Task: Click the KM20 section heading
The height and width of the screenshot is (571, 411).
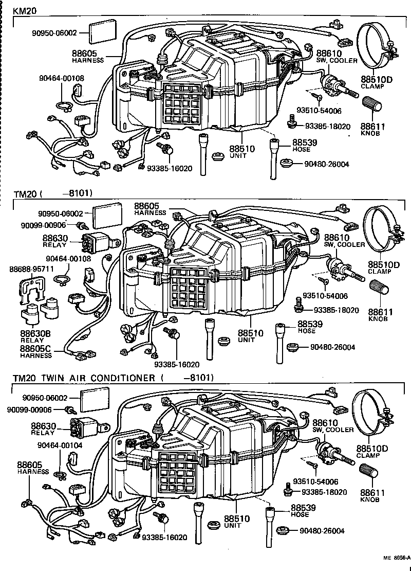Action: tap(25, 11)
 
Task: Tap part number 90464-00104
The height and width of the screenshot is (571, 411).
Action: tap(60, 445)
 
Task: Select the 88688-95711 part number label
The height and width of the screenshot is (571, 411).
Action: tap(32, 269)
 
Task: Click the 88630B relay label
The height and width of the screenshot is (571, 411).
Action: tap(35, 336)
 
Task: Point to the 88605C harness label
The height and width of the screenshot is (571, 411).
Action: tap(36, 352)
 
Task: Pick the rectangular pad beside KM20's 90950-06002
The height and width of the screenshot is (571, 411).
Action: tap(103, 33)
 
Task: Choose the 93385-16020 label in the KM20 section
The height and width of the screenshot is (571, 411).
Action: tap(170, 169)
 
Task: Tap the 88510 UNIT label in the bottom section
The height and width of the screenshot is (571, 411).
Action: tap(237, 522)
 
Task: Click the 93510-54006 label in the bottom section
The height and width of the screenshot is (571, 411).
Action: tap(316, 481)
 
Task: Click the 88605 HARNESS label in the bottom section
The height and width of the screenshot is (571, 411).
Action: tap(33, 468)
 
